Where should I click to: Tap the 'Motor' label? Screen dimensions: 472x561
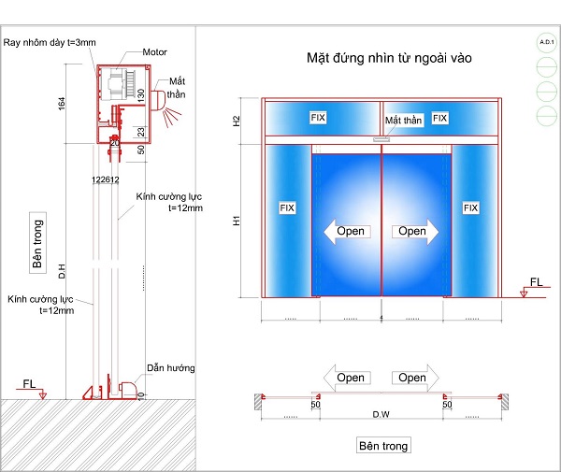pyautogui.click(x=155, y=51)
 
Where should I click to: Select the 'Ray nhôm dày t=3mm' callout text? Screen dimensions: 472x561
pyautogui.click(x=49, y=42)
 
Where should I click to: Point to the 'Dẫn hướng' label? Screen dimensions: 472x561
pyautogui.click(x=170, y=368)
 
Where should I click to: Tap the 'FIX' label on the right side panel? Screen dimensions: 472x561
pyautogui.click(x=470, y=207)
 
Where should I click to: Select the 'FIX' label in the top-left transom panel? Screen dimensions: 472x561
pyautogui.click(x=319, y=118)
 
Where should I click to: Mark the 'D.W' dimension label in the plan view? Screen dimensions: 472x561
pyautogui.click(x=381, y=413)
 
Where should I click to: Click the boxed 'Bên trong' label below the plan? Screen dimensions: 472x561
pyautogui.click(x=383, y=446)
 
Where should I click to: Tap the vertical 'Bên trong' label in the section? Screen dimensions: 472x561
pyautogui.click(x=38, y=243)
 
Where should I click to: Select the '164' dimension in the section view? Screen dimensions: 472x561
pyautogui.click(x=62, y=104)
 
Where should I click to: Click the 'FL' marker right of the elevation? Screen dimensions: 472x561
pyautogui.click(x=536, y=282)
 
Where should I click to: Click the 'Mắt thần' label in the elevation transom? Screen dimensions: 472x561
pyautogui.click(x=404, y=122)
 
